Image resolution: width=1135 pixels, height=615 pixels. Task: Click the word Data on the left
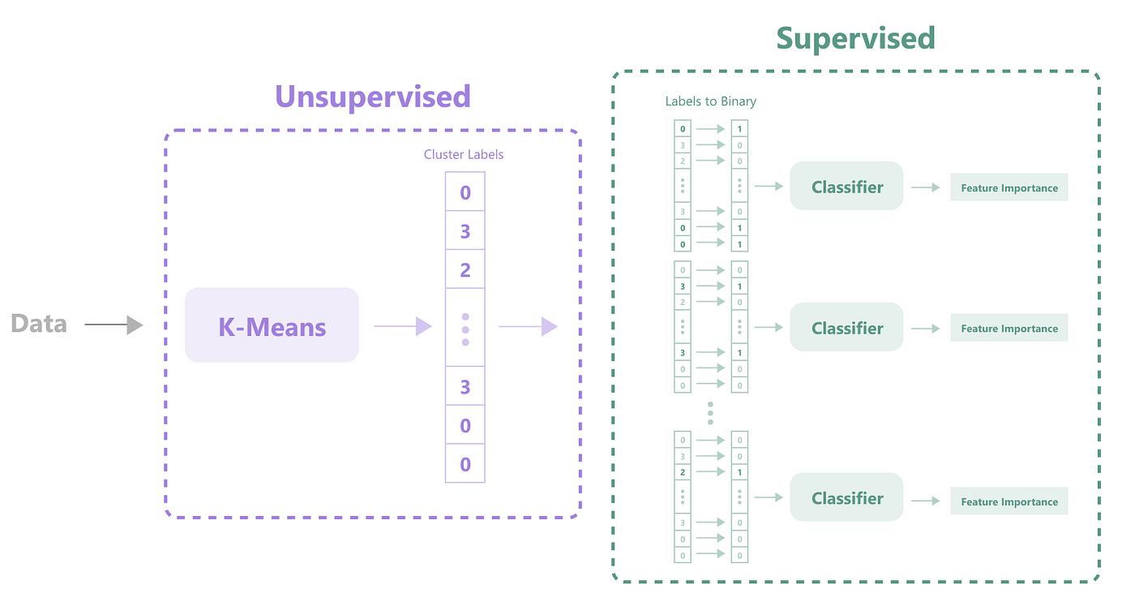pos(38,325)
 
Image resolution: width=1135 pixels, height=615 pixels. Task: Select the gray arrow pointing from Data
pos(113,325)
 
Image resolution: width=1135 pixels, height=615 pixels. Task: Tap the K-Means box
pos(272,325)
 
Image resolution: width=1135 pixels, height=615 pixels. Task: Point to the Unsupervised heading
pos(373,97)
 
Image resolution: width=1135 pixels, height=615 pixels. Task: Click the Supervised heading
pos(855,38)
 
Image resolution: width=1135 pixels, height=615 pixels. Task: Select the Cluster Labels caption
pos(464,154)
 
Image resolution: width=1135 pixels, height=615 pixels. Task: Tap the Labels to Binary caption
pos(710,101)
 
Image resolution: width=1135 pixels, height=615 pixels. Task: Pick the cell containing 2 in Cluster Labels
pos(465,269)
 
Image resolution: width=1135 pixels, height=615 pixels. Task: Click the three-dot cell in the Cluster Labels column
pos(465,329)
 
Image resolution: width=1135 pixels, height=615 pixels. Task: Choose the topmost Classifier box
pos(846,187)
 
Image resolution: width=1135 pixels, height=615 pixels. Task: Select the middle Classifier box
pos(846,328)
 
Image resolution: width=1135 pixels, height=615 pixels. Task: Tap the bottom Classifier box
pos(846,498)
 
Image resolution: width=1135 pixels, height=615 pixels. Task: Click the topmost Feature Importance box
pos(1009,187)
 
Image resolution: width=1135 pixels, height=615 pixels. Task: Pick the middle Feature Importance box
pos(1009,329)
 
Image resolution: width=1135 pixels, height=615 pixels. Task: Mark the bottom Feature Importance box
pos(1009,501)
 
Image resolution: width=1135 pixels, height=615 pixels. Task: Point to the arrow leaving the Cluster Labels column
pos(528,326)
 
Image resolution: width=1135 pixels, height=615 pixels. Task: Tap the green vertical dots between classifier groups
pos(710,413)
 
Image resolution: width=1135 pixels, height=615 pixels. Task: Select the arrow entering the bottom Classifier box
pos(769,498)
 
